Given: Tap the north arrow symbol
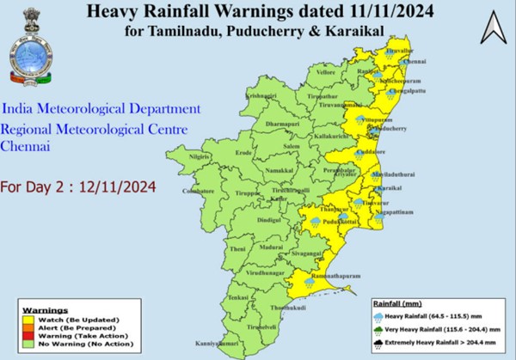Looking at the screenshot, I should (493, 29).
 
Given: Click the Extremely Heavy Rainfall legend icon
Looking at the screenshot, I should (379, 342).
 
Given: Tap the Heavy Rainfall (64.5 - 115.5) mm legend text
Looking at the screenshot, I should (435, 316).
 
